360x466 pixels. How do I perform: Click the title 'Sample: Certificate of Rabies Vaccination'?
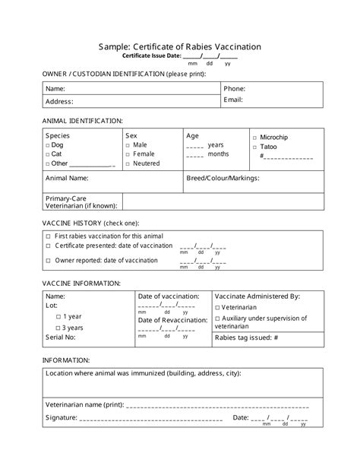point(180,46)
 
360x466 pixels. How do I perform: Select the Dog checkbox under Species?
point(48,144)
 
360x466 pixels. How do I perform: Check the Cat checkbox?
point(48,154)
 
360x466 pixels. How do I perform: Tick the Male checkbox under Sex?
point(128,144)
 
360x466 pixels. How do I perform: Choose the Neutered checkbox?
point(128,163)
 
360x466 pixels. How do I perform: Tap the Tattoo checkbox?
point(254,146)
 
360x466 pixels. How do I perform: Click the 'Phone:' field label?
point(234,88)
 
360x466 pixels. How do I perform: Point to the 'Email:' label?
point(232,100)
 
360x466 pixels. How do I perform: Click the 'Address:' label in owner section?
point(59,101)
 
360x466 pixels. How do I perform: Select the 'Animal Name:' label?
point(67,178)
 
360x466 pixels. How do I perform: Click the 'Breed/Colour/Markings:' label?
point(223,178)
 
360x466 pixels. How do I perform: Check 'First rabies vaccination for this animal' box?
point(48,236)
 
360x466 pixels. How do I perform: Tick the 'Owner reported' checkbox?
point(48,260)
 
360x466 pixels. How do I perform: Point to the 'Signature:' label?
point(62,417)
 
